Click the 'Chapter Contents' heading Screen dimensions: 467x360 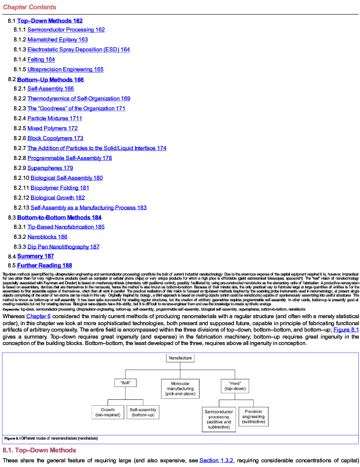pyautogui.click(x=30, y=7)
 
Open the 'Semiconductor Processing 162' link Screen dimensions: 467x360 pyautogui.click(x=66, y=30)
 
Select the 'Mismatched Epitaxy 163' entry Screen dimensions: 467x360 pyautogui.click(x=57, y=40)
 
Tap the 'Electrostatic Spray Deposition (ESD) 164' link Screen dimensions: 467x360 pyautogui.click(x=78, y=50)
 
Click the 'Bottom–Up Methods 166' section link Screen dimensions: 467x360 pyautogui.click(x=50, y=79)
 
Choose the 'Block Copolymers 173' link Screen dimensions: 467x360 pyautogui.click(x=55, y=138)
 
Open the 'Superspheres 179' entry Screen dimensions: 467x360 pyautogui.click(x=50, y=168)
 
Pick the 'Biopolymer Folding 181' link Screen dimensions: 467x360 pyautogui.click(x=60, y=187)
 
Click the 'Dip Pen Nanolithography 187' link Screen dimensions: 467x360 pyautogui.click(x=63, y=246)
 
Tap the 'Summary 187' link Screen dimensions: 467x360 pyautogui.click(x=30, y=256)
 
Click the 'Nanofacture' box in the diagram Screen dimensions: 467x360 pyautogui.click(x=180, y=357)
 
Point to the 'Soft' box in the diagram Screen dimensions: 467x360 pyautogui.click(x=125, y=383)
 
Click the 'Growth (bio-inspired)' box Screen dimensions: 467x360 pyautogui.click(x=108, y=412)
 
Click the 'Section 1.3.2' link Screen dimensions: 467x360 pyautogui.click(x=216, y=461)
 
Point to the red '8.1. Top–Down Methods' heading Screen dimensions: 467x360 pyautogui.click(x=40, y=450)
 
